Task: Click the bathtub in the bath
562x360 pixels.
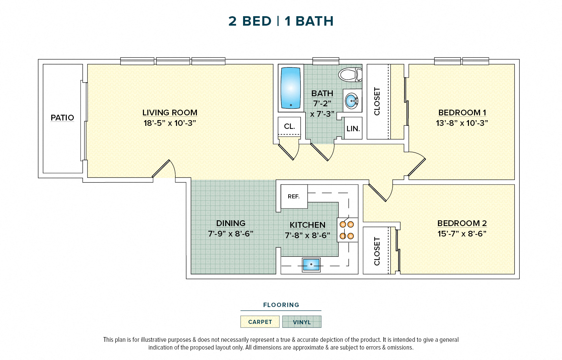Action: pyautogui.click(x=291, y=88)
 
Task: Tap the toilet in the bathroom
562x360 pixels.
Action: pyautogui.click(x=350, y=75)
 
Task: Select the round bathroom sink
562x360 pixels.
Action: pyautogui.click(x=352, y=101)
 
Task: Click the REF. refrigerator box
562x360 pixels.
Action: pyautogui.click(x=294, y=197)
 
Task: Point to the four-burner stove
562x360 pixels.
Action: pyautogui.click(x=347, y=230)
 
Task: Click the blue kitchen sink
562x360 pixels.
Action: pyautogui.click(x=311, y=265)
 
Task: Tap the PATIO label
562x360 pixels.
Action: pyautogui.click(x=62, y=118)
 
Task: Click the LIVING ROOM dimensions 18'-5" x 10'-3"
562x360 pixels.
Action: pyautogui.click(x=170, y=123)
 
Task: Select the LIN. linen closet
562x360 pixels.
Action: pyautogui.click(x=353, y=129)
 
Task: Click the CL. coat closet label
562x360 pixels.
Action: pyautogui.click(x=289, y=126)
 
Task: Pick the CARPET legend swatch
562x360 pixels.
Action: pyautogui.click(x=260, y=322)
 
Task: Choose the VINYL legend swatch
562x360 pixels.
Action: pyautogui.click(x=302, y=322)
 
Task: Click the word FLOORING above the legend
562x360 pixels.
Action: pyautogui.click(x=281, y=305)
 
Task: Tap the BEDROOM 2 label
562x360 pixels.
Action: pyautogui.click(x=462, y=223)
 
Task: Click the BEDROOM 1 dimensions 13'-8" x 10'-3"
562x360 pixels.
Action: pyautogui.click(x=462, y=123)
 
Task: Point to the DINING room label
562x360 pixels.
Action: pyautogui.click(x=231, y=223)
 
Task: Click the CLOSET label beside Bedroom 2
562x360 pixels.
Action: pyautogui.click(x=377, y=251)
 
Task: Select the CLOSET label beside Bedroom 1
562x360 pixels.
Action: pyautogui.click(x=377, y=101)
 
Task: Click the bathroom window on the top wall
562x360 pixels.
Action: pyautogui.click(x=325, y=61)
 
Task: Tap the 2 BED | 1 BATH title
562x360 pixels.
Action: pyautogui.click(x=281, y=21)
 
